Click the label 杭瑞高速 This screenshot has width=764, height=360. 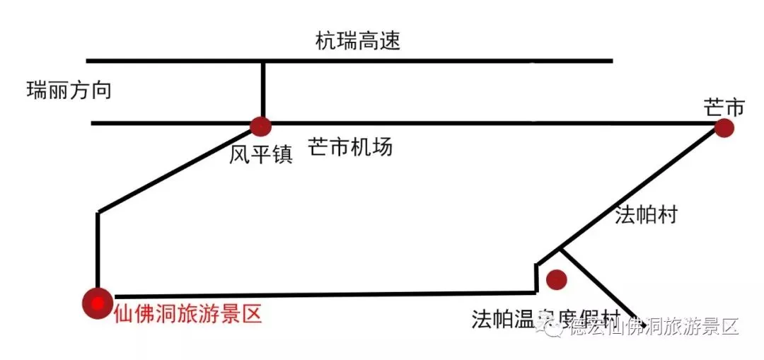(357, 40)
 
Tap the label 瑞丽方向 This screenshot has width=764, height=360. (69, 91)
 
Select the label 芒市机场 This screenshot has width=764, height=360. (349, 148)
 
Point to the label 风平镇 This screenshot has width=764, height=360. (260, 154)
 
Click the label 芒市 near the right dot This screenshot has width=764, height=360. (724, 108)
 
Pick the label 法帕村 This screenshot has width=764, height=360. (646, 215)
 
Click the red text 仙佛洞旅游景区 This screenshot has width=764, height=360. (187, 313)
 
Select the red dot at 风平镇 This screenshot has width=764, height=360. (260, 127)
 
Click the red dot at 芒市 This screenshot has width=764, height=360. (723, 128)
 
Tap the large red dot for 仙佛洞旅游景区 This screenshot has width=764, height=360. (97, 302)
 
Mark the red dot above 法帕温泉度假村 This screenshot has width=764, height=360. (557, 279)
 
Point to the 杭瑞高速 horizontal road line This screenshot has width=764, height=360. (424, 61)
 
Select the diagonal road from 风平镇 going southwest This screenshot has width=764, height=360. (177, 170)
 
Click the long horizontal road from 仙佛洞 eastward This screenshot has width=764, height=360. (318, 294)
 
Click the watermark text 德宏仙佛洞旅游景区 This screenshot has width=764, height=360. (654, 327)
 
